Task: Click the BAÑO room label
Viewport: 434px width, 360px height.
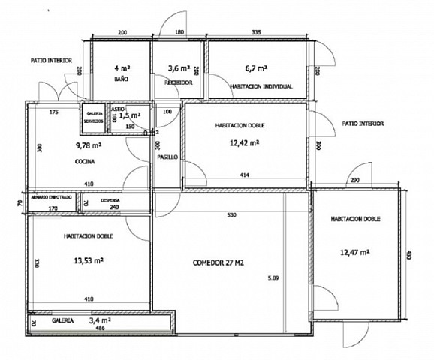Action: coord(119,79)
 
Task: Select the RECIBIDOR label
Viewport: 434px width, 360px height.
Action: coord(179,82)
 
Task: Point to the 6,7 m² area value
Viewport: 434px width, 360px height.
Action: coord(258,67)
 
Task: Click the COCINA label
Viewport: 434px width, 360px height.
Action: coord(84,162)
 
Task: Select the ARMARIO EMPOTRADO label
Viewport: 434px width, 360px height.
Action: coord(52,196)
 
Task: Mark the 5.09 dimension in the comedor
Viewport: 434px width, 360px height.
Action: coord(273,279)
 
